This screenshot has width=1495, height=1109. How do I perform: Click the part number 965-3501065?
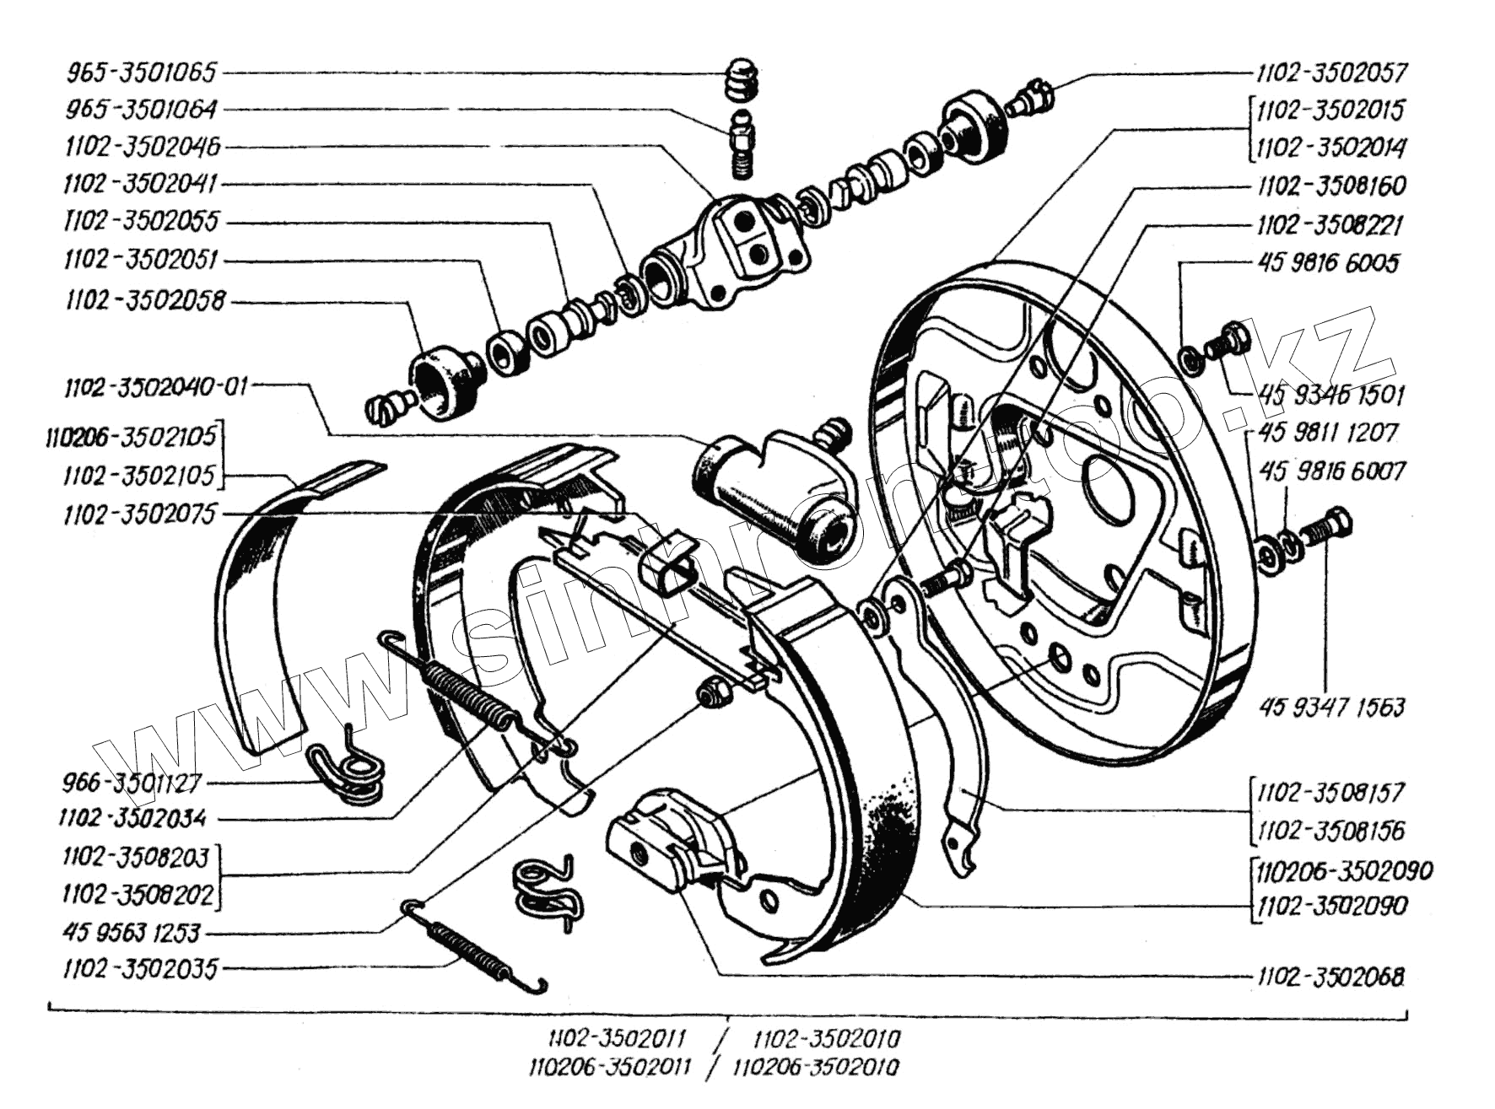[141, 73]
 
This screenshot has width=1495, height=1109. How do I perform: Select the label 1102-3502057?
[1331, 73]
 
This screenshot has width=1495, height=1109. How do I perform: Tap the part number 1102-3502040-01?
[156, 388]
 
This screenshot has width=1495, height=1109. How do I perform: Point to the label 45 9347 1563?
[1330, 706]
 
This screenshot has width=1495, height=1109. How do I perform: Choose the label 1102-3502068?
[1330, 977]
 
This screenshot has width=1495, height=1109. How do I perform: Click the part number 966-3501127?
[132, 783]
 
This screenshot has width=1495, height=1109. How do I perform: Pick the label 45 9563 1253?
[132, 933]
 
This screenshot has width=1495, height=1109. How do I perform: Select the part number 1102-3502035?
[140, 968]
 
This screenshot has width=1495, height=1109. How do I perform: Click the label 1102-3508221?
[1330, 225]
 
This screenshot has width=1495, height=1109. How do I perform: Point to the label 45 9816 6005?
[1328, 263]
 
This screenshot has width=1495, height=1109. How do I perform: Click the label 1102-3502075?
[140, 514]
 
